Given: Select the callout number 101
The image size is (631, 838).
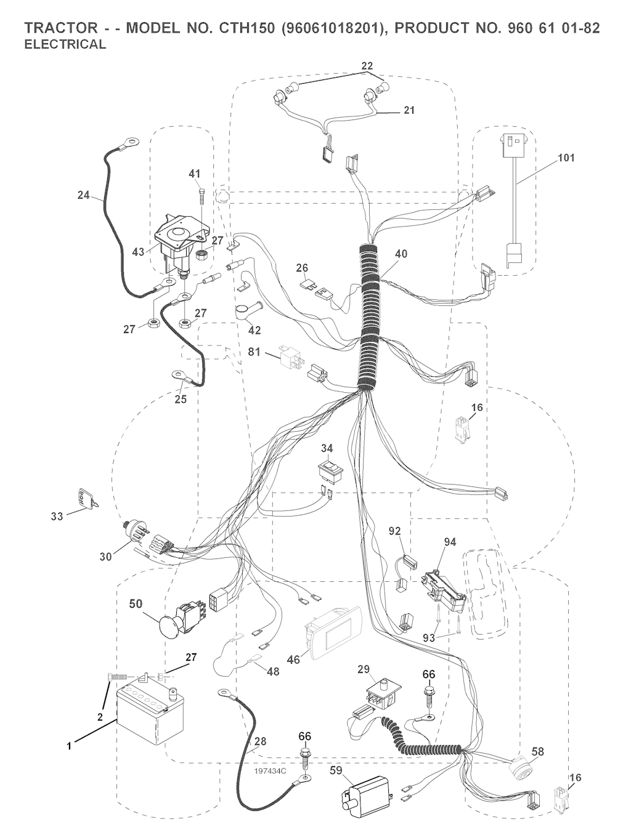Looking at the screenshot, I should tap(566, 158).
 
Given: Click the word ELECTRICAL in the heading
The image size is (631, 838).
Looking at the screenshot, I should tap(65, 44).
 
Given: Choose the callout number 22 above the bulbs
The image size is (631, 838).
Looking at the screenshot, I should tap(367, 65).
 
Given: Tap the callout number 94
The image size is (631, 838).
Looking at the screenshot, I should tap(450, 542).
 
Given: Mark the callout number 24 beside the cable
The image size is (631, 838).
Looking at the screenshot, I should tap(84, 196).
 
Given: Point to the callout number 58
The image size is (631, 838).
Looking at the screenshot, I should tap(538, 751).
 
